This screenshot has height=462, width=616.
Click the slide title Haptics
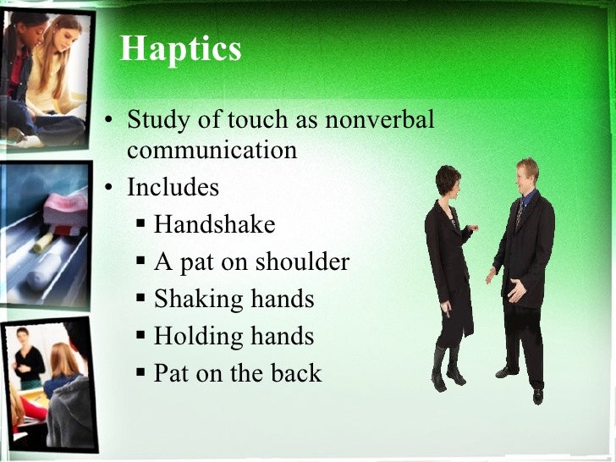[x=180, y=49]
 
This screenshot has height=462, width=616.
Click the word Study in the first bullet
[x=157, y=121]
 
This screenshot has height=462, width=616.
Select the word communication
[x=212, y=150]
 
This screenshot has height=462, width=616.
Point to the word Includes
[x=173, y=186]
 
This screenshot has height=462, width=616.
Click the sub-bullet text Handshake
[x=214, y=224]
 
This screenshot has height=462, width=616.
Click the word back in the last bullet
[x=297, y=373]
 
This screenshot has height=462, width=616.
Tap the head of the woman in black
[x=447, y=180]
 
